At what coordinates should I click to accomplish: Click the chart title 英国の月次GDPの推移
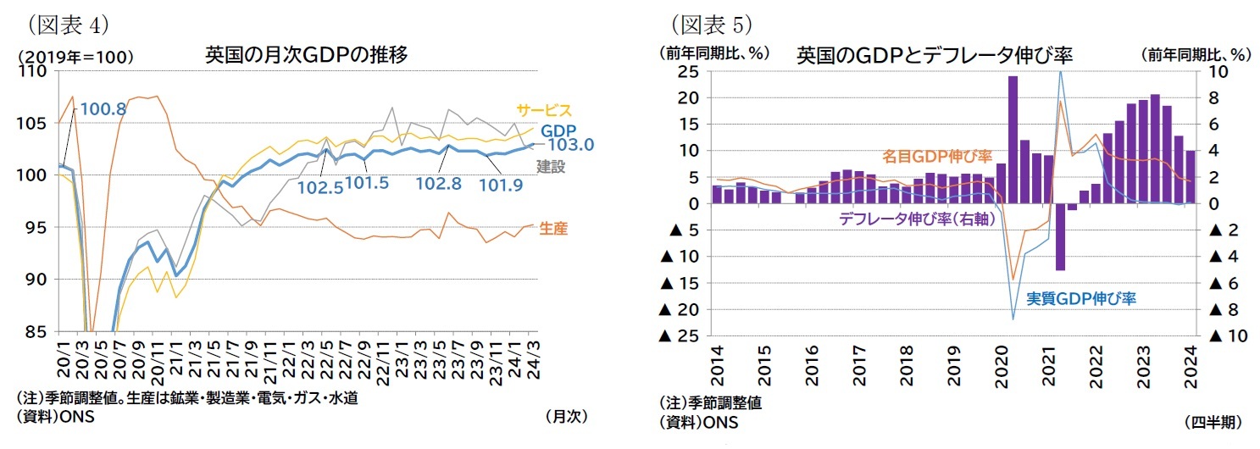307,56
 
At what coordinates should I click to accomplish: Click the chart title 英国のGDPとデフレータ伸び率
934,56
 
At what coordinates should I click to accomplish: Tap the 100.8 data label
103,108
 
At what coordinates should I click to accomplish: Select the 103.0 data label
574,145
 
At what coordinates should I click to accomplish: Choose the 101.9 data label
501,182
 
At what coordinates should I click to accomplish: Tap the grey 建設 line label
551,167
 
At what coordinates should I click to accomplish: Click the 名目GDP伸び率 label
936,157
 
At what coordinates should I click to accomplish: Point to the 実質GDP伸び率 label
1081,298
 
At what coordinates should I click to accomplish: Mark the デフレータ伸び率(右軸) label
911,219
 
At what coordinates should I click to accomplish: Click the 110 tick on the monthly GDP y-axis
36,72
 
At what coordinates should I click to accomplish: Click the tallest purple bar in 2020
1013,140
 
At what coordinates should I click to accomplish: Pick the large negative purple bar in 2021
1060,237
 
